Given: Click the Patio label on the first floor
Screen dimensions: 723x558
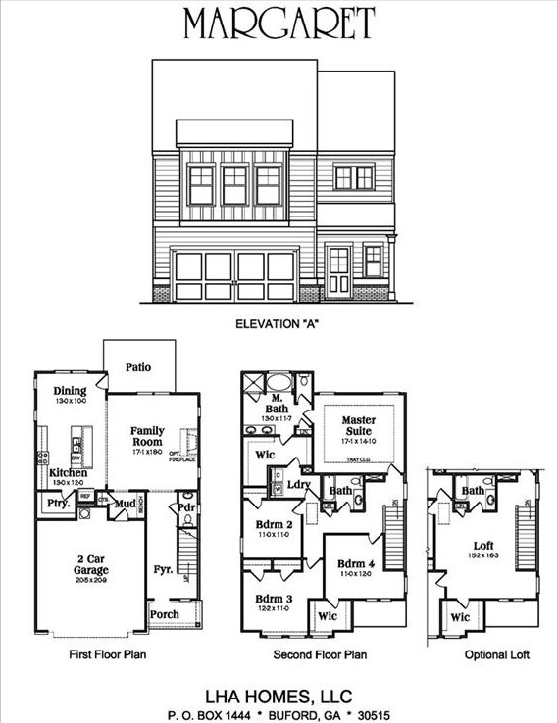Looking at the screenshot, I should pyautogui.click(x=138, y=368).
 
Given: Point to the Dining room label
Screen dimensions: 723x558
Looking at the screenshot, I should pyautogui.click(x=70, y=390).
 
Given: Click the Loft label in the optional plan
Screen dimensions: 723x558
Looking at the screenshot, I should pyautogui.click(x=483, y=546).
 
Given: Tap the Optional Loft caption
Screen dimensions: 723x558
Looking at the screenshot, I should pyautogui.click(x=484, y=654).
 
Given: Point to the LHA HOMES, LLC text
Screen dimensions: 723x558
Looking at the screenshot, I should pyautogui.click(x=279, y=695).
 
